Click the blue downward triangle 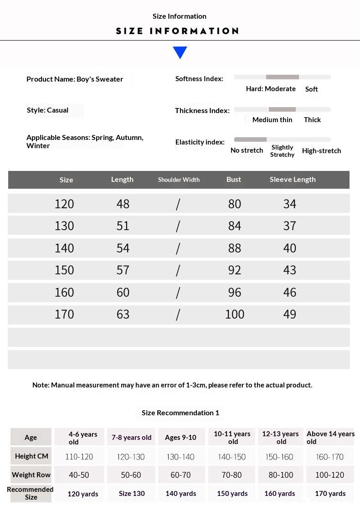(x=180, y=52)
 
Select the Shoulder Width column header (x=179, y=180)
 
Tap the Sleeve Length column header (x=292, y=180)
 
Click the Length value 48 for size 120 (x=123, y=204)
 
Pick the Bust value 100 (x=235, y=314)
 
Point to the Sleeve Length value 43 (x=289, y=270)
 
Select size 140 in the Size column (x=64, y=248)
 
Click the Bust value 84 (x=235, y=226)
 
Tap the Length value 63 (x=123, y=314)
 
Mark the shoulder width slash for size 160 (x=178, y=292)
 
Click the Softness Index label (x=199, y=79)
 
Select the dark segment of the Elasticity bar (x=250, y=139)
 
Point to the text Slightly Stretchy (x=282, y=151)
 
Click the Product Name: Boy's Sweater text (x=75, y=79)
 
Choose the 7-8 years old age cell (x=131, y=438)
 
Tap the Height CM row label (x=31, y=456)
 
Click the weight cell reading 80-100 (x=281, y=475)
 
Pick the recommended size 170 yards (x=330, y=494)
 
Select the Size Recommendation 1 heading (x=180, y=413)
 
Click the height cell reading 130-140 (x=180, y=457)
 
